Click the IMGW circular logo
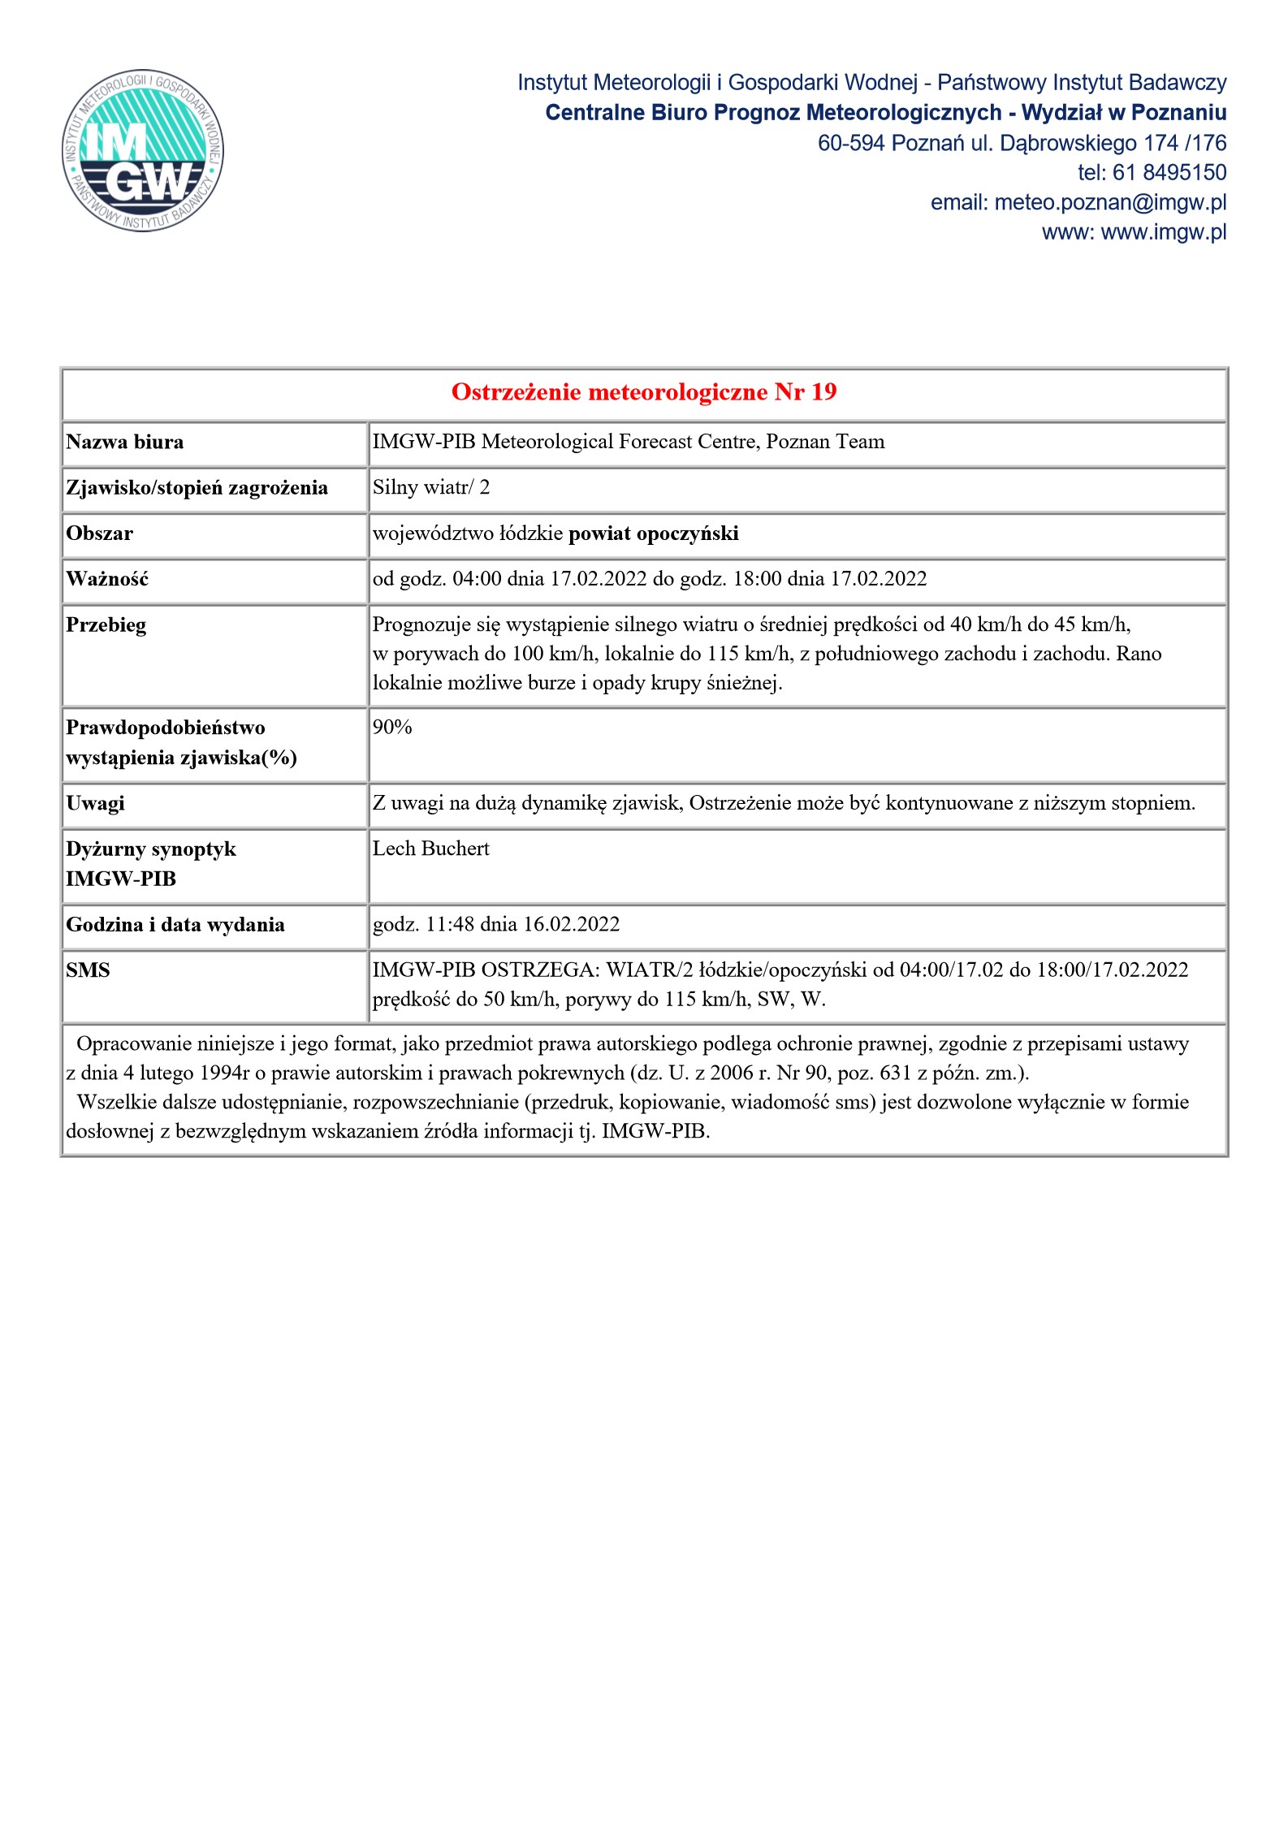coord(143,149)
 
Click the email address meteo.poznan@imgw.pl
coord(1110,202)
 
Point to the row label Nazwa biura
coord(125,442)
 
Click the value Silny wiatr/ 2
coord(430,487)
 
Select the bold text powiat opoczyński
coord(653,534)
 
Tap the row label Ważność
coord(107,579)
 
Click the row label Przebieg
coord(106,625)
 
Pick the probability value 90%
coord(392,728)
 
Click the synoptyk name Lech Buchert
coord(430,849)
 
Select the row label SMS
coord(88,970)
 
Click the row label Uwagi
coord(95,803)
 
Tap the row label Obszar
coord(99,534)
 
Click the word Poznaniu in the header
coord(1178,112)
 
